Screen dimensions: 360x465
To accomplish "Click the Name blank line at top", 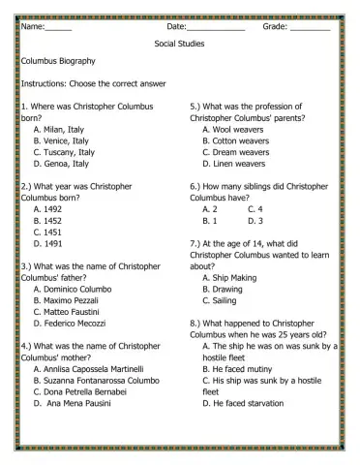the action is (58, 29).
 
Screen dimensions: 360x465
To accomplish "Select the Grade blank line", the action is (309, 29).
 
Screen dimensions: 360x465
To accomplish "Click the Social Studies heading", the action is (179, 45).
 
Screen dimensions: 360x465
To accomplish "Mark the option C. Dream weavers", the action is (236, 152).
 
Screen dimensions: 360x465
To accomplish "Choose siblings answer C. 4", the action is (255, 208).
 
